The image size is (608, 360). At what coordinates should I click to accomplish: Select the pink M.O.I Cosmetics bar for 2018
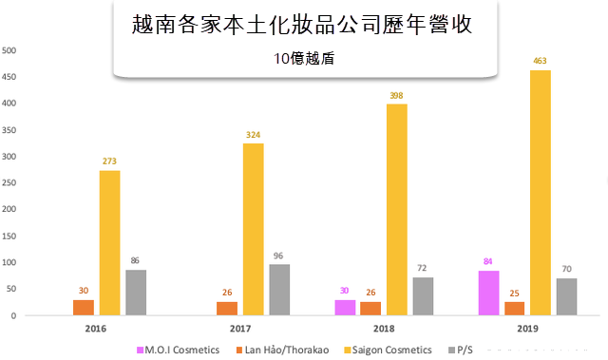click(x=344, y=307)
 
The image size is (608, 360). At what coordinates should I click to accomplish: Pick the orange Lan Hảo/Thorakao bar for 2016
click(x=84, y=307)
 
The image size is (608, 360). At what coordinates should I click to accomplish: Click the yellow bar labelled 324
click(x=253, y=229)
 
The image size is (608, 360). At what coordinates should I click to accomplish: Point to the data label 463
click(x=541, y=61)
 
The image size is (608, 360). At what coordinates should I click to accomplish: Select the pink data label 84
click(x=487, y=262)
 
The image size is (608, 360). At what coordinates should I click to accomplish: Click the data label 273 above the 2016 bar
click(x=110, y=161)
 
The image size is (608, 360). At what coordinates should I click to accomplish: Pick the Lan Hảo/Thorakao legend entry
click(x=283, y=350)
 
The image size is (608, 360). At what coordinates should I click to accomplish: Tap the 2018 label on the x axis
click(x=384, y=329)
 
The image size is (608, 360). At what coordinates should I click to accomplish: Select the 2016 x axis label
click(x=97, y=329)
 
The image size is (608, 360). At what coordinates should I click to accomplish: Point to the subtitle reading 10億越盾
click(x=303, y=58)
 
